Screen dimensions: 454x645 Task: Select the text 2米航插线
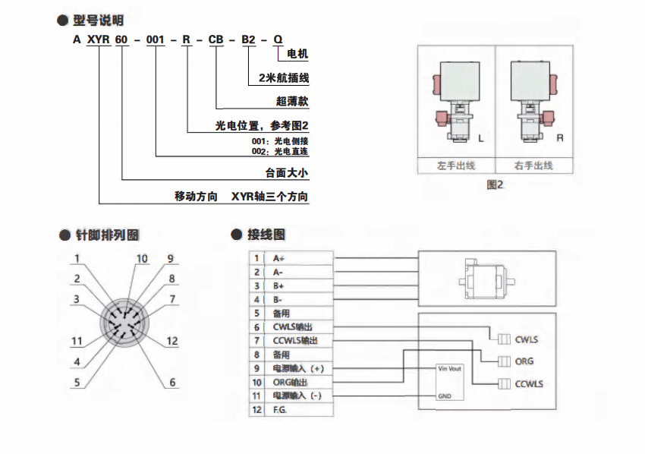coord(283,77)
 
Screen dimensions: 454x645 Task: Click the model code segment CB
coord(216,36)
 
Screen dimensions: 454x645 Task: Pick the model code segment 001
coord(155,36)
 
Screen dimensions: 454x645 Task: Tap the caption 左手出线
coord(457,165)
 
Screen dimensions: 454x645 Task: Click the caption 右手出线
coord(533,165)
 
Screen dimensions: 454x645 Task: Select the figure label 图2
coord(495,184)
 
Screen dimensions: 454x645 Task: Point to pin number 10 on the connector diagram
coord(141,259)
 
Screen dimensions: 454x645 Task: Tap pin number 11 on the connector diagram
coord(77,341)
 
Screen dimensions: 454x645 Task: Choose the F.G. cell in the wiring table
coord(281,409)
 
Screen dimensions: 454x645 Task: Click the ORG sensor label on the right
coord(524,361)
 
